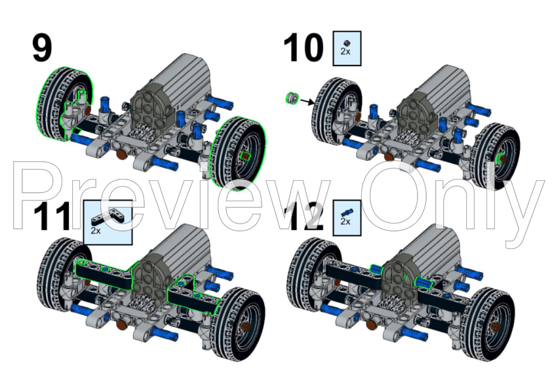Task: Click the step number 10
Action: coord(304,49)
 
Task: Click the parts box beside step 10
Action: coord(347,48)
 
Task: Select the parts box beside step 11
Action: coord(108,222)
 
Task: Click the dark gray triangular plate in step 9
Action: coord(152,105)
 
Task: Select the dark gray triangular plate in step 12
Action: coord(401,275)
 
